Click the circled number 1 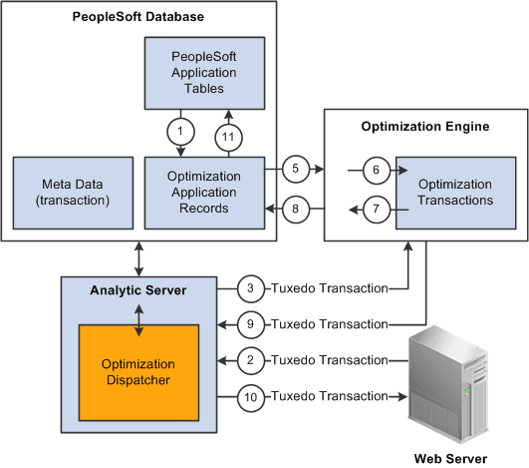[181, 132]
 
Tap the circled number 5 [297, 170]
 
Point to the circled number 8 [297, 209]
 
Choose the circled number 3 [252, 288]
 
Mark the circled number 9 [252, 323]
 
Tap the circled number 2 [252, 359]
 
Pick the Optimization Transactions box [453, 192]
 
